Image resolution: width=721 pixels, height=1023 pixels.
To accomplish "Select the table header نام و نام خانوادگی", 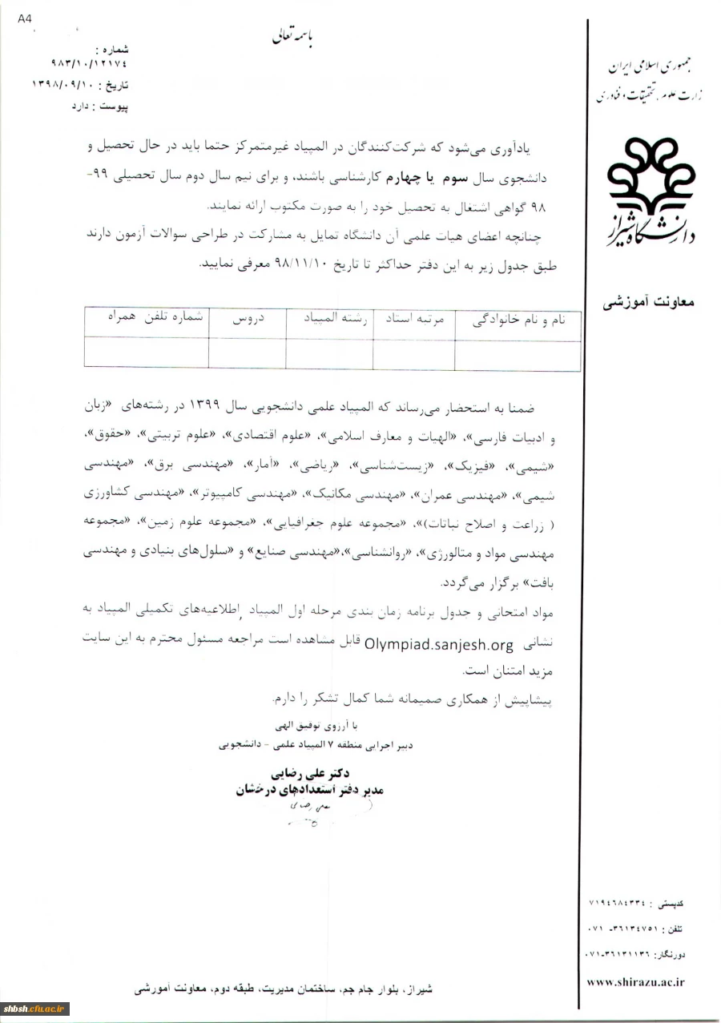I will [x=517, y=320].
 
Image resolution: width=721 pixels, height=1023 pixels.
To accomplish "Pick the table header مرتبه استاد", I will [x=413, y=319].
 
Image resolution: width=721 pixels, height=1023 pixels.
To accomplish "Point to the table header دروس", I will [x=248, y=318].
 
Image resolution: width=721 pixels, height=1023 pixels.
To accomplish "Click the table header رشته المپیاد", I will [x=328, y=318].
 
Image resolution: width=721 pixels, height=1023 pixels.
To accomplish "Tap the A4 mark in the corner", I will [x=25, y=19].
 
